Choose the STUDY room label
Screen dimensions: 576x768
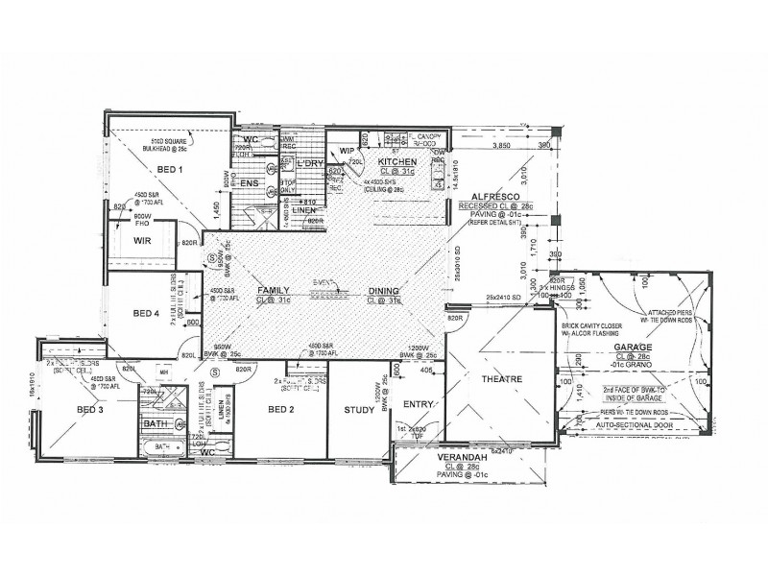tap(359, 410)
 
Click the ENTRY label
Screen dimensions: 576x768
tap(418, 404)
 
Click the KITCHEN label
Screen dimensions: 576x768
tap(396, 161)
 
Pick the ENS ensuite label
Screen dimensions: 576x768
tap(250, 182)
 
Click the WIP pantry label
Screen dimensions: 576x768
tap(348, 150)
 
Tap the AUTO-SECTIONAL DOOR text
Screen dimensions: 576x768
tap(636, 422)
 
